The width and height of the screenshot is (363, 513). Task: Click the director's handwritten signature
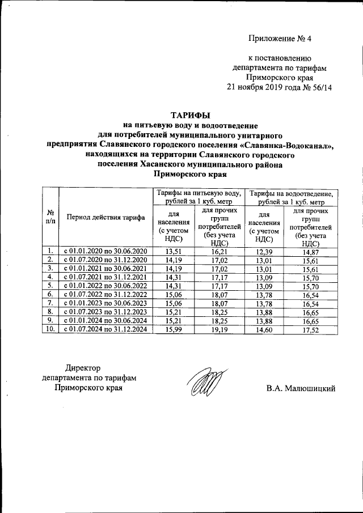(203, 384)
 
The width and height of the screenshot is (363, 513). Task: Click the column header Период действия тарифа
(105, 217)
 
